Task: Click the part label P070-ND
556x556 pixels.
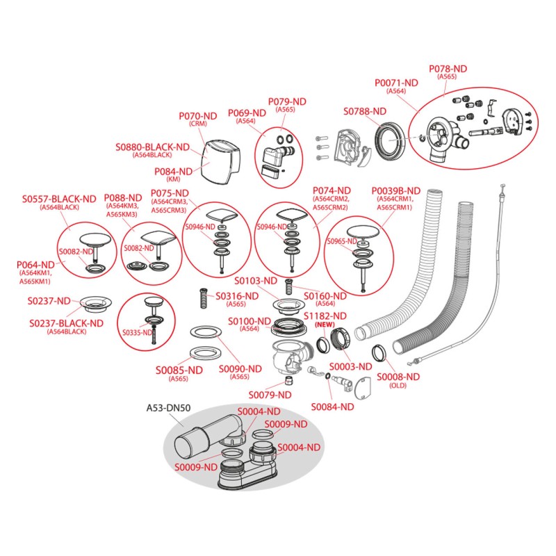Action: coord(199,116)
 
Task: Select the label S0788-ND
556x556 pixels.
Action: coord(365,111)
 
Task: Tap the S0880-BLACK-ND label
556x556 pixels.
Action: coord(152,147)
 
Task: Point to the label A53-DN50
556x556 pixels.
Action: coord(165,408)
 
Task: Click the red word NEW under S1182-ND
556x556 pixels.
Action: coord(324,325)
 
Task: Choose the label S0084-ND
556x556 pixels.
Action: coord(332,407)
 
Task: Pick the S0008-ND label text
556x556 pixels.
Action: coord(398,376)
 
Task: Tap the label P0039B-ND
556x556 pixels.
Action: coord(395,190)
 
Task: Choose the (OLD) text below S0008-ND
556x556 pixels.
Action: coord(398,385)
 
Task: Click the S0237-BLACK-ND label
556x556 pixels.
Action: coord(67,322)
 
